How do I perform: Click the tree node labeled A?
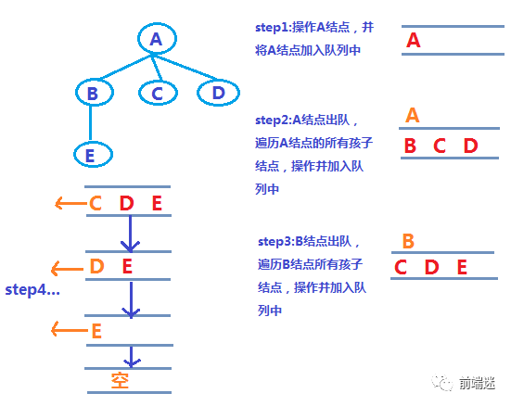coord(156,39)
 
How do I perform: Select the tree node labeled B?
coord(92,93)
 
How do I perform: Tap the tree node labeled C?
coord(157,93)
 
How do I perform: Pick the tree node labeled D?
coord(217,93)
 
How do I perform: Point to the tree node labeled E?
coord(90,155)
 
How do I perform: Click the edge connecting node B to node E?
coord(91,123)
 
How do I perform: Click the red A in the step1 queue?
coord(414,41)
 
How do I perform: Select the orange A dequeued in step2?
coord(413,115)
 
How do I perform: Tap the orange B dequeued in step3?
coord(408,241)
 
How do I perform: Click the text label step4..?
coord(32,290)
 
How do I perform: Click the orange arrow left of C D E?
coord(69,204)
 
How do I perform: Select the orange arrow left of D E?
coord(65,269)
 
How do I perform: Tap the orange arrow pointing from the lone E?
coord(68,329)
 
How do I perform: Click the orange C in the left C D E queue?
coord(96,204)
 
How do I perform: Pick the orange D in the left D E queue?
coord(96,268)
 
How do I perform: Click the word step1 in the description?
coord(274,28)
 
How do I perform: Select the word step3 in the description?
coord(276,241)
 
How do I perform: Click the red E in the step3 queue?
coord(461,268)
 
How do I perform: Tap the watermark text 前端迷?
coord(477,382)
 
